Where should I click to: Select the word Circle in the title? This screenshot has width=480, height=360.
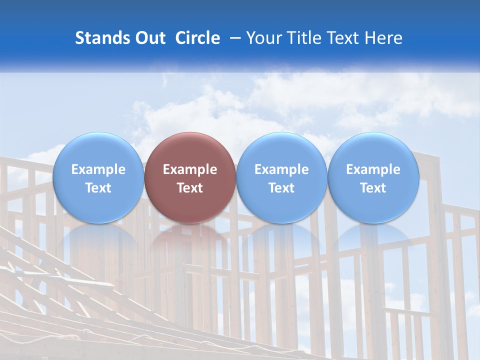[x=197, y=38]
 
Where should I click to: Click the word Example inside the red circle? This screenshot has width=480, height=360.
[x=190, y=169]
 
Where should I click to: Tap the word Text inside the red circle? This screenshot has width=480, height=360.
[x=190, y=188]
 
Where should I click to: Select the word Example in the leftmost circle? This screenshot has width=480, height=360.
[x=98, y=169]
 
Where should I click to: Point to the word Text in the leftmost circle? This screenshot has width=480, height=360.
[x=98, y=188]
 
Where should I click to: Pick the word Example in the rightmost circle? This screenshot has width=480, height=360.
[x=373, y=169]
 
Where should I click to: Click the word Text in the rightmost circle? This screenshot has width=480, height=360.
[x=373, y=188]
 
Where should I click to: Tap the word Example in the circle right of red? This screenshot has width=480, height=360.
[x=281, y=169]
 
